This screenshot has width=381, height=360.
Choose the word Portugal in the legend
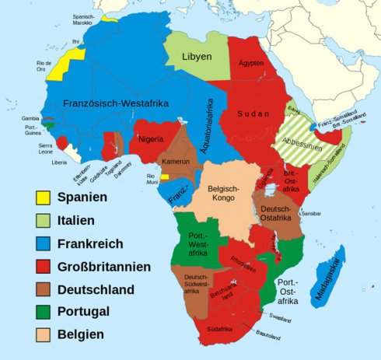click(85, 313)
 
